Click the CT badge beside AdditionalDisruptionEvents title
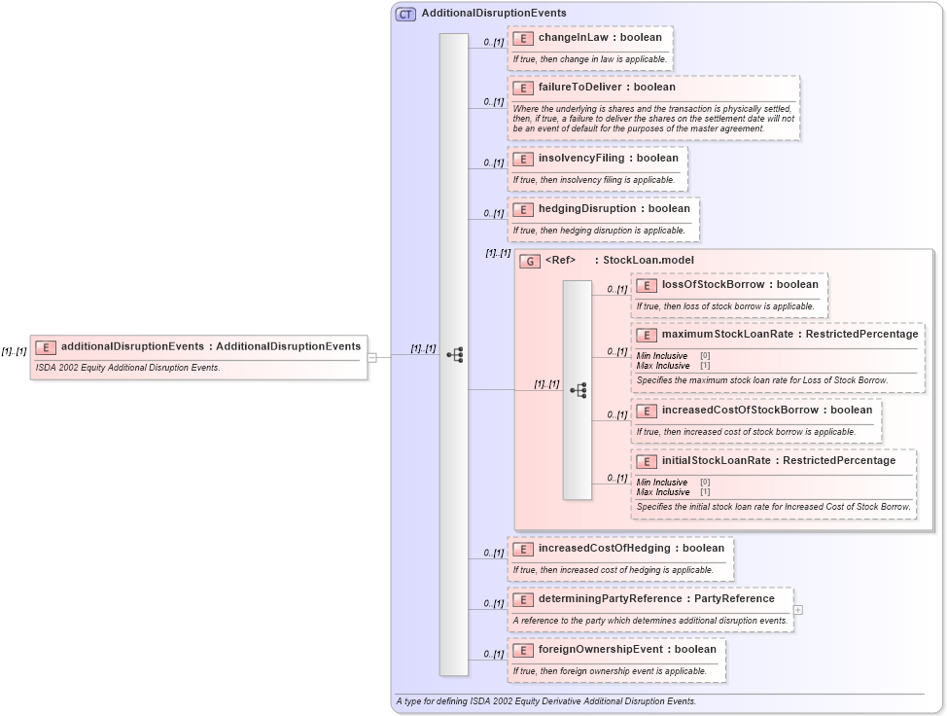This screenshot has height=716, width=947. pyautogui.click(x=405, y=14)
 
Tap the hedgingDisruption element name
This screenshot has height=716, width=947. pyautogui.click(x=585, y=208)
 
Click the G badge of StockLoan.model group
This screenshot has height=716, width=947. pyautogui.click(x=530, y=261)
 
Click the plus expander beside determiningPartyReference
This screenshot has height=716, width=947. pyautogui.click(x=798, y=610)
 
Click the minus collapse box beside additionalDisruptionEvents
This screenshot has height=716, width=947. pyautogui.click(x=372, y=357)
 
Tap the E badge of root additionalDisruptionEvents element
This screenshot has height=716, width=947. pyautogui.click(x=46, y=347)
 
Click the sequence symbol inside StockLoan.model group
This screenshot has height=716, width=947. pyautogui.click(x=578, y=390)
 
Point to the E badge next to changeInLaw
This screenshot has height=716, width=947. pyautogui.click(x=523, y=38)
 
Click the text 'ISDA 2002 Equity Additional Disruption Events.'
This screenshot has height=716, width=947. pyautogui.click(x=128, y=368)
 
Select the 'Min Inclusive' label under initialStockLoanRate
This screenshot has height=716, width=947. pyautogui.click(x=662, y=483)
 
